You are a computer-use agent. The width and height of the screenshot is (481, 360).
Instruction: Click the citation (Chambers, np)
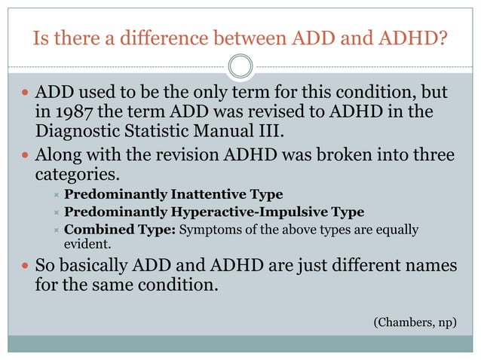click(415, 322)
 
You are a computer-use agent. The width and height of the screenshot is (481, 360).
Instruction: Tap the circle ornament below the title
click(240, 66)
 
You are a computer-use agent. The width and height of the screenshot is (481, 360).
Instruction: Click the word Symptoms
click(207, 230)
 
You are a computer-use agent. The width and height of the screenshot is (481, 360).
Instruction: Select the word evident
click(84, 244)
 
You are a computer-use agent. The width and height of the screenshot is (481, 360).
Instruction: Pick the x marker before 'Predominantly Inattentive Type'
click(55, 196)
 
